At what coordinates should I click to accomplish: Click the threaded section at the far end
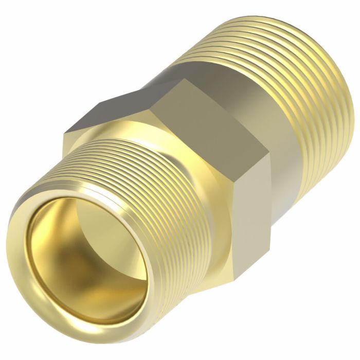coord(288,72)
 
